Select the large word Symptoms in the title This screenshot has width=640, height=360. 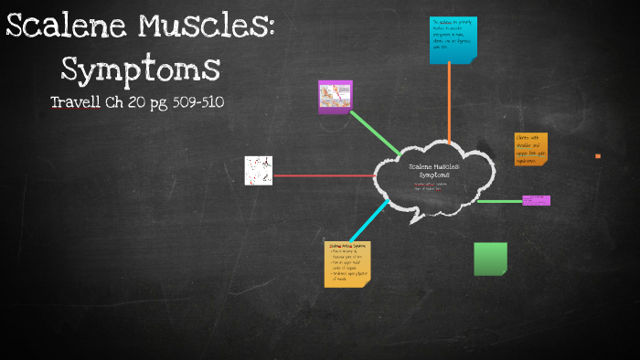coord(140,68)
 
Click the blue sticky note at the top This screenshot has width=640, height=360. coord(453,40)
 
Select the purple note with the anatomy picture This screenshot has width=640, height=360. coord(336,96)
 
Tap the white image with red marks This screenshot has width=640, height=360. coord(258,170)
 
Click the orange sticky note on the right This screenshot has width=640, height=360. coord(531,149)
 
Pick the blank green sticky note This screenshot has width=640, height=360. coord(490,259)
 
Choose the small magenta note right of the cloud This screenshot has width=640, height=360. coord(536,200)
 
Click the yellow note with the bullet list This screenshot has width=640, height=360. coord(347,264)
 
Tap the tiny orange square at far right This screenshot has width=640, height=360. coord(598,156)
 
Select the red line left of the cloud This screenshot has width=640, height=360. coord(324,175)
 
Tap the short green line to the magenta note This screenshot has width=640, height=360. coord(499,201)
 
